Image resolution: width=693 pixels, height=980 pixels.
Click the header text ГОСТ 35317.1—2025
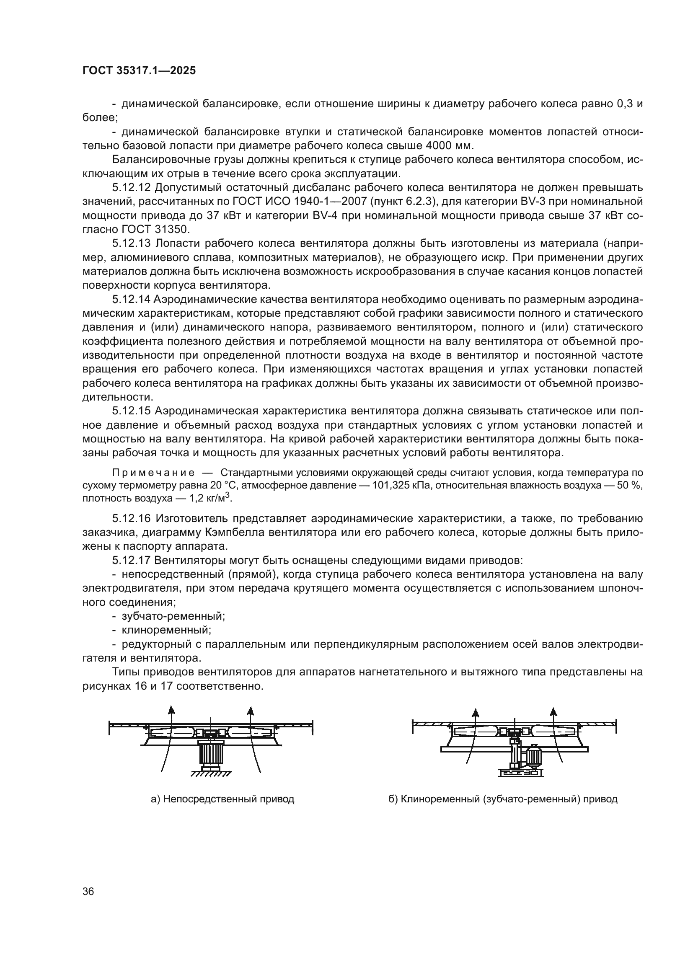[139, 71]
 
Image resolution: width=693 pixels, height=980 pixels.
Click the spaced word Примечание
[153, 473]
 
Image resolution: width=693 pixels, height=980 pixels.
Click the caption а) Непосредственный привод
[222, 799]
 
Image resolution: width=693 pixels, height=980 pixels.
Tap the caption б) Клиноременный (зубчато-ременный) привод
[503, 799]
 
